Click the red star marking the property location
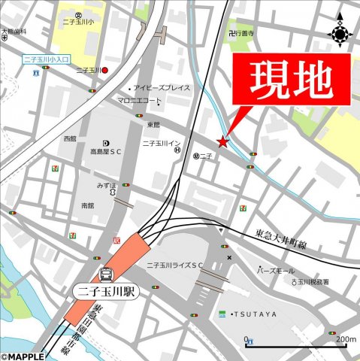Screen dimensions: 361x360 222,141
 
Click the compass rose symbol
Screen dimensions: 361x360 340,32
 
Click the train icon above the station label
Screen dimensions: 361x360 106,275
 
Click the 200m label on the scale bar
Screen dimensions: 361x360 345,340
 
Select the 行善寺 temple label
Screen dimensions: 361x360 245,34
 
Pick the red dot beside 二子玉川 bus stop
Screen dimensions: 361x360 106,70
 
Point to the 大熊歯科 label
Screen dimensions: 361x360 14,32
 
